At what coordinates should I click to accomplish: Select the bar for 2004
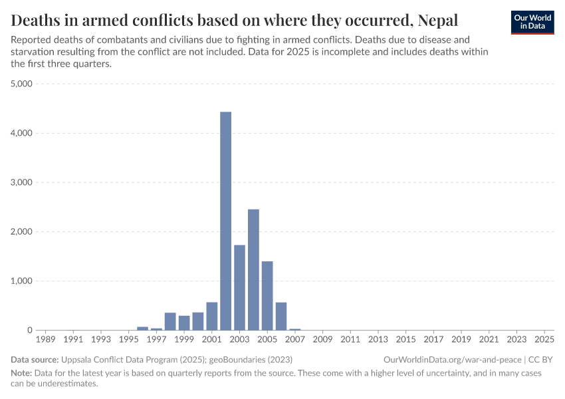[x=253, y=269]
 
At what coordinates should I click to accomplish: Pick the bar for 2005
[x=267, y=295]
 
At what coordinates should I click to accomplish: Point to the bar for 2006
[x=281, y=316]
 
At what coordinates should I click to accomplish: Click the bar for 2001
[x=212, y=316]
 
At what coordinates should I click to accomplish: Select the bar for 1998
[x=170, y=321]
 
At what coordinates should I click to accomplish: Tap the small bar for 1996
[x=142, y=328]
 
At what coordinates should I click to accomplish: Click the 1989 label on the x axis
[x=45, y=340]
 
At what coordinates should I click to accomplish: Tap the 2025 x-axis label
[x=544, y=340]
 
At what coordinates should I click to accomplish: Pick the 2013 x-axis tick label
[x=378, y=340]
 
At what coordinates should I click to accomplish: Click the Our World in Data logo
[x=532, y=22]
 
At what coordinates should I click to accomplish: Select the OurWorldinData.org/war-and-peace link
[x=453, y=359]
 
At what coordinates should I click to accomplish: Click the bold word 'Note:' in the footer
[x=22, y=373]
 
